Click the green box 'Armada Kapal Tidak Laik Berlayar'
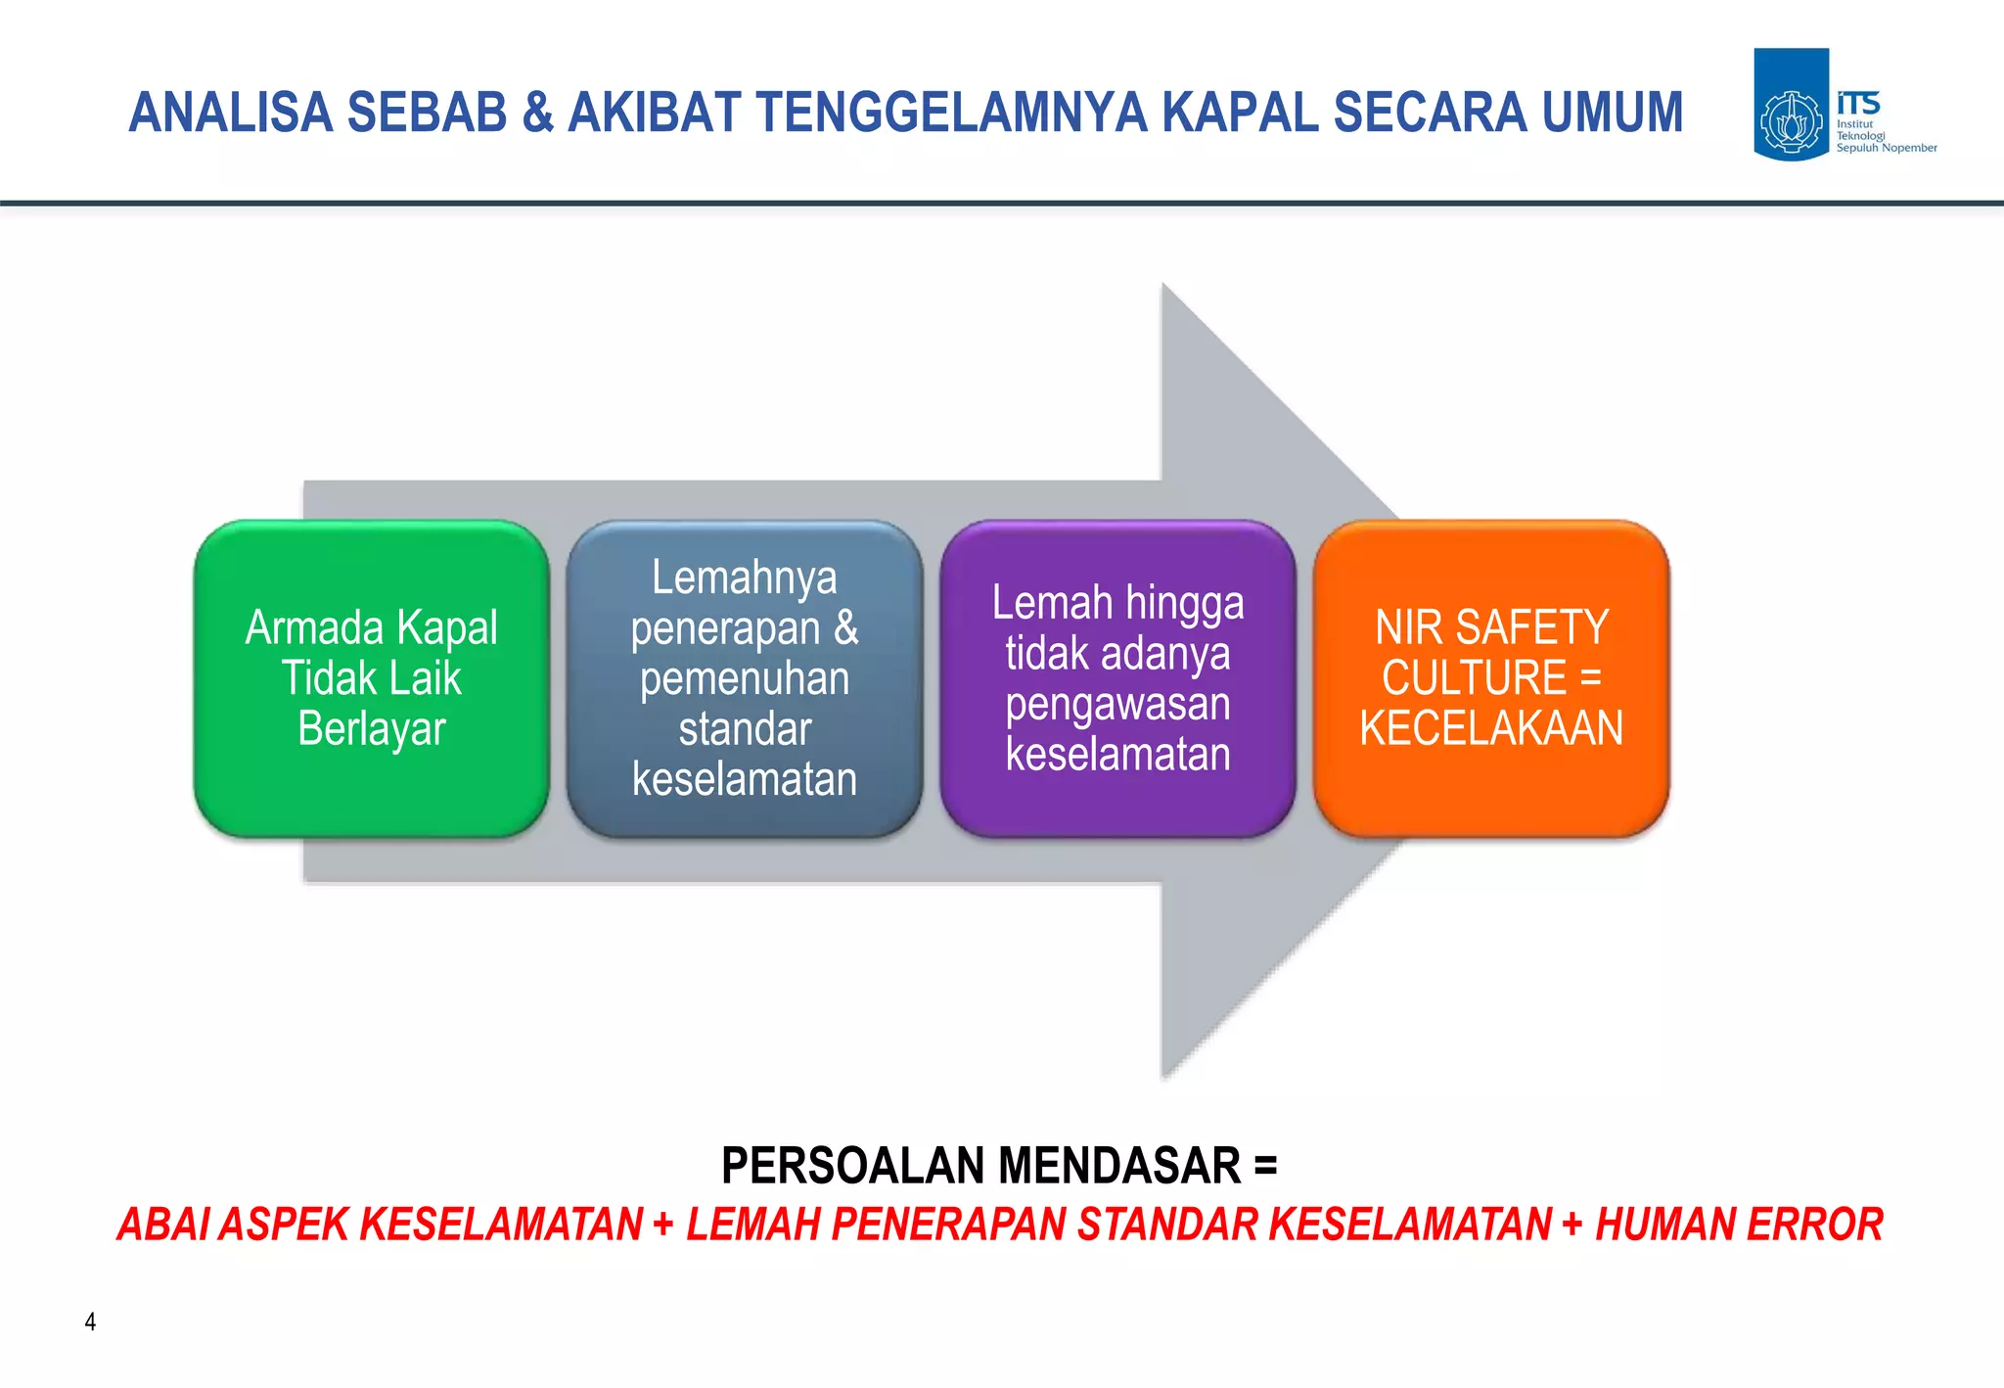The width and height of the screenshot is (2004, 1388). pos(371,678)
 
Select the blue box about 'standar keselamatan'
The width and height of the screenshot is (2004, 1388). pos(744,678)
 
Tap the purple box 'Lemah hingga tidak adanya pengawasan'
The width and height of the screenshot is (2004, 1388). pos(1117,678)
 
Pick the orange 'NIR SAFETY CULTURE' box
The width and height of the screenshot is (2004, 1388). pos(1491,678)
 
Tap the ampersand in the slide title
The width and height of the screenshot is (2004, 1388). pos(538,113)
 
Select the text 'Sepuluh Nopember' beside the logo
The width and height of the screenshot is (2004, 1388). pos(1886,148)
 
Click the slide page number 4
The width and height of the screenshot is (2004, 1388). pos(90,1321)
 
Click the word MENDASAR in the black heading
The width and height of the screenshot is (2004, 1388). pos(1119,1165)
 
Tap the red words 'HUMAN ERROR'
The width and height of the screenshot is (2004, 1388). pos(1739,1225)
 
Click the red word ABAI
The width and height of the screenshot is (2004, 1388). pos(162,1225)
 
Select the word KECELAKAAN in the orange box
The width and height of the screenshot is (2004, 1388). pos(1491,728)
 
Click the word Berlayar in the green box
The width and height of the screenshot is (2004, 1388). pos(372,729)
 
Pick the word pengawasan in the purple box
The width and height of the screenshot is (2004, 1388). pos(1117,704)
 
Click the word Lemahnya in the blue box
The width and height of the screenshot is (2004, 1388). pos(745,578)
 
